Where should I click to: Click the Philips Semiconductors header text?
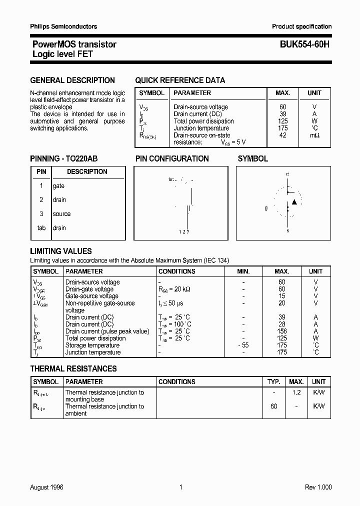tap(63, 26)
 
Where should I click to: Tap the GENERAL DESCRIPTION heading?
tap(72, 80)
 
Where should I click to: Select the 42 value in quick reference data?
tap(283, 135)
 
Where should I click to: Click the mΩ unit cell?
tap(314, 135)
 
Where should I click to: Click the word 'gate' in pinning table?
tap(58, 185)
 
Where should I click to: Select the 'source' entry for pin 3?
tap(61, 213)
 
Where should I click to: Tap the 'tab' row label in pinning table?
tap(41, 227)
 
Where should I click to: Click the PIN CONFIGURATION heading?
tap(172, 158)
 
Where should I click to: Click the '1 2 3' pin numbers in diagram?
tap(183, 232)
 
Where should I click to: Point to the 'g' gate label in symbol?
tap(266, 207)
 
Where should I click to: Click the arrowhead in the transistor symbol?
tap(294, 201)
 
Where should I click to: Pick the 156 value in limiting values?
tap(282, 331)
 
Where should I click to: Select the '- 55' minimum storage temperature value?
tap(243, 345)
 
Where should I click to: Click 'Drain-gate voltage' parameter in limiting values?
tap(89, 289)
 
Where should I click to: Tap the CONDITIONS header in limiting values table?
tap(176, 271)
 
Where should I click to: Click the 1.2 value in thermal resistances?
tap(296, 392)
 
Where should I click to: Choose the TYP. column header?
tap(273, 381)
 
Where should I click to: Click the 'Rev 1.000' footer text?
tap(318, 487)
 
